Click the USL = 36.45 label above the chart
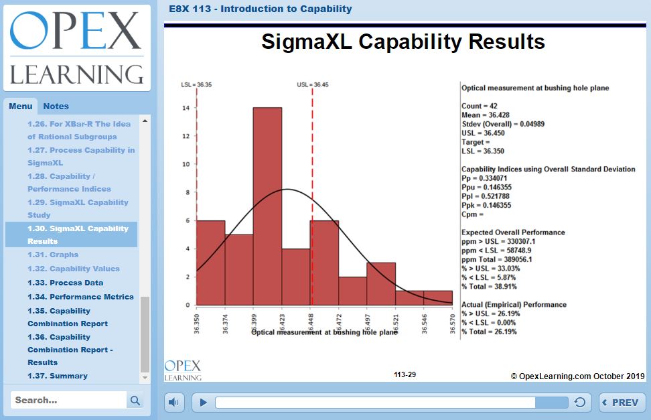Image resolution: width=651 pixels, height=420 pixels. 313,85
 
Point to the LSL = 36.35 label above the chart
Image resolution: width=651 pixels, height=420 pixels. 196,85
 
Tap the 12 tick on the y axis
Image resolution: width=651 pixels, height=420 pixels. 186,136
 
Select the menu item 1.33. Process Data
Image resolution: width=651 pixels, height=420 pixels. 65,283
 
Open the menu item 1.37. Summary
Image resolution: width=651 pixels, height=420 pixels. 57,376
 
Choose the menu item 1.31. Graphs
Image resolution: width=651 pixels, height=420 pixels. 53,255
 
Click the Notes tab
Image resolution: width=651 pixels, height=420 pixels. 56,106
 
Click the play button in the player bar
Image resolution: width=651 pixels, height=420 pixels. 204,403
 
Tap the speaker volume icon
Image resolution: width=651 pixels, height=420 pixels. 173,403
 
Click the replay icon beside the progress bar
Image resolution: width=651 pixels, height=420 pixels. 580,403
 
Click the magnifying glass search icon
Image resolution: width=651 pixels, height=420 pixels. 135,401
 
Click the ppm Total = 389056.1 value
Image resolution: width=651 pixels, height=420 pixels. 497,259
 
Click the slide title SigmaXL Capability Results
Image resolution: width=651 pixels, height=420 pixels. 403,42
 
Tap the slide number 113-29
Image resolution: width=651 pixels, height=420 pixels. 405,374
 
